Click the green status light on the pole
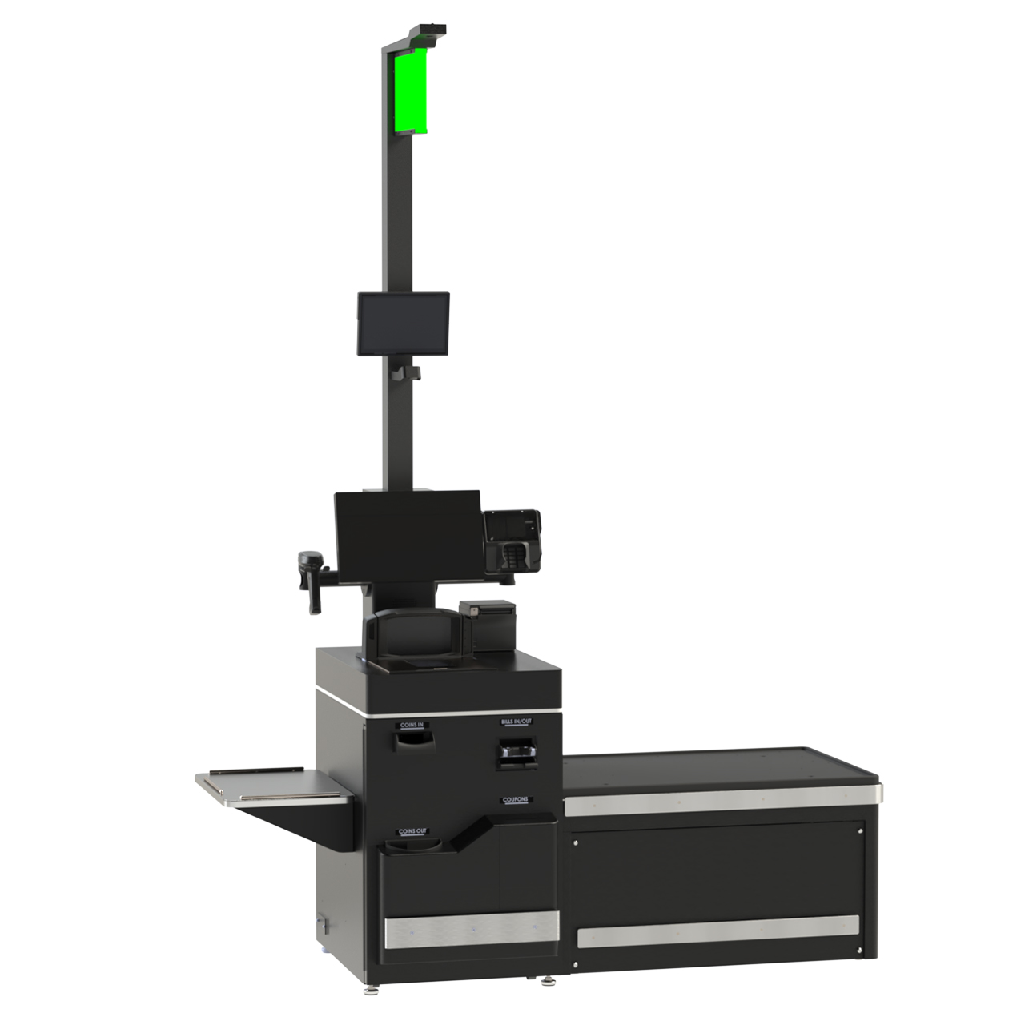coord(409,90)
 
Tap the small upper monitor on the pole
coord(403,323)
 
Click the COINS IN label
coord(413,726)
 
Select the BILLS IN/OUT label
coord(517,722)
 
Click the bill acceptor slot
coord(517,754)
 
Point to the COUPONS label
coord(517,800)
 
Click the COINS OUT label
coord(413,832)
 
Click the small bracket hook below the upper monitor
coord(407,373)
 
